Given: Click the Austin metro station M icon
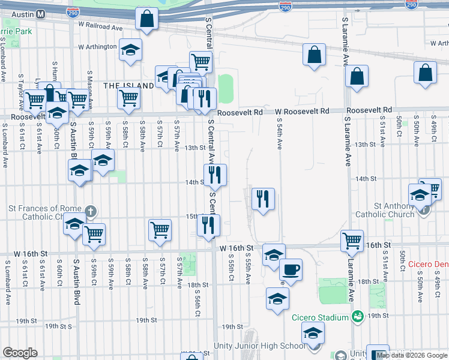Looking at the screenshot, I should (x=40, y=14).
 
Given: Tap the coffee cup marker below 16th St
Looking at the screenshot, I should (x=291, y=269).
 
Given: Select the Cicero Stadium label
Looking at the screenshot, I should (x=320, y=317).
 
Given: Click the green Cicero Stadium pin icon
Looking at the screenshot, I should (x=358, y=316).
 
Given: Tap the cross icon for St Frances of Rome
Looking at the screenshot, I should (x=90, y=211).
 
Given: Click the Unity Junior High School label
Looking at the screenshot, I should (x=259, y=346).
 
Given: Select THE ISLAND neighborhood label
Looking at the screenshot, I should (x=128, y=86).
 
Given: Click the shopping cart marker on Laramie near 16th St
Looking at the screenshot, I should (x=352, y=241).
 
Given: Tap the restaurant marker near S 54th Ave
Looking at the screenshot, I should (x=263, y=198).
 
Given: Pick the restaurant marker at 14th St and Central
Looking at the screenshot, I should (x=215, y=175).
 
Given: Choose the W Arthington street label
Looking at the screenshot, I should (x=97, y=46).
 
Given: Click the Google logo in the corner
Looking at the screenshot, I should (x=20, y=353).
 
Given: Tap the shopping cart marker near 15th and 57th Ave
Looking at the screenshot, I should (x=160, y=230).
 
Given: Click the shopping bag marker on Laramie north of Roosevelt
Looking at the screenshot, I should (x=357, y=76).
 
